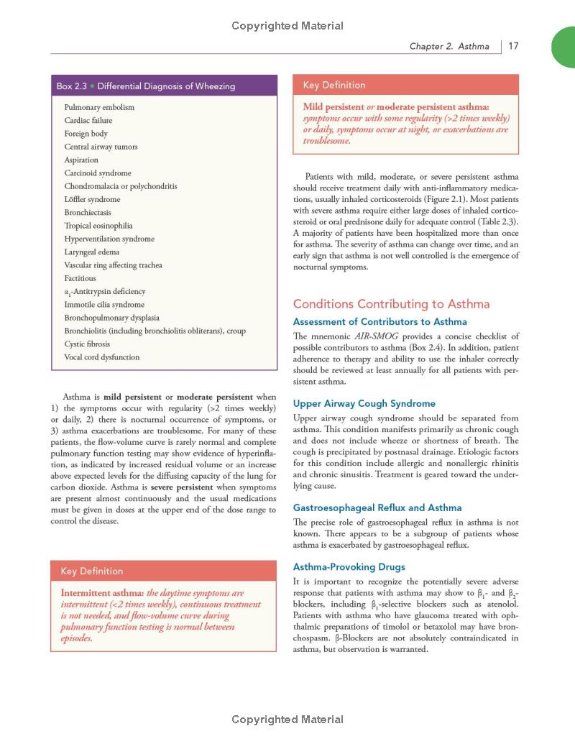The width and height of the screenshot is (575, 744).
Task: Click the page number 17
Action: pos(513,46)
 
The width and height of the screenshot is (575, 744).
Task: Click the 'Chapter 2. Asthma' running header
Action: pos(449,46)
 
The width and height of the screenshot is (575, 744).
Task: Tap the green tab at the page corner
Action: pos(563,47)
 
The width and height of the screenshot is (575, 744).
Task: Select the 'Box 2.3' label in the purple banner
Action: pos(72,86)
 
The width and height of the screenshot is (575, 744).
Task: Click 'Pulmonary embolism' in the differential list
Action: pos(99,107)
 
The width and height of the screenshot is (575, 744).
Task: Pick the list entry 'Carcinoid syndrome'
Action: pos(98,173)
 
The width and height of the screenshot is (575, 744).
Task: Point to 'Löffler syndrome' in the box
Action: pos(93,199)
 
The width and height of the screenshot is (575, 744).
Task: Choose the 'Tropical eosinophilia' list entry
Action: pos(98,226)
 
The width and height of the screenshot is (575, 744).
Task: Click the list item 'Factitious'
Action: pos(80,278)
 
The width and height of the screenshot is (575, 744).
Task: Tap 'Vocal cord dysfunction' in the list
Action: pos(102,357)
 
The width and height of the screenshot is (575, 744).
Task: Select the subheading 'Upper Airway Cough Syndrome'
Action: pos(364,403)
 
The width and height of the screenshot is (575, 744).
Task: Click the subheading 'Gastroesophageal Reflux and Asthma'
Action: pos(377,508)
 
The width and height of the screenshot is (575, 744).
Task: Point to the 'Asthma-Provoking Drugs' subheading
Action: pos(349,566)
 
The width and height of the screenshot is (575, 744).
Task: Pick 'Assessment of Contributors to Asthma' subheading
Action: pos(380,321)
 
